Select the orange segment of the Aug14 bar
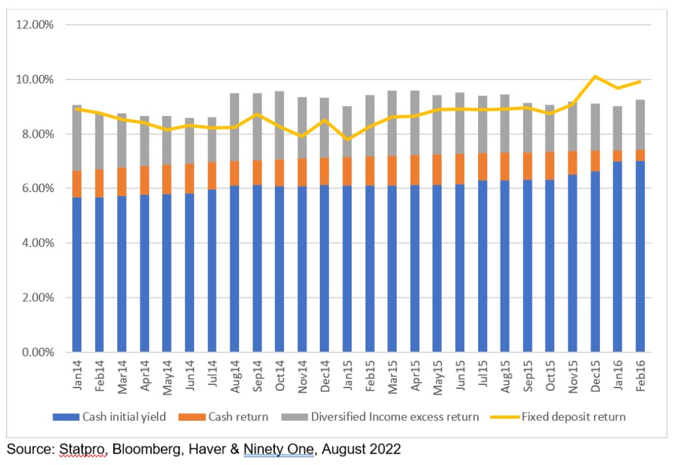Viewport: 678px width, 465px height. click(234, 174)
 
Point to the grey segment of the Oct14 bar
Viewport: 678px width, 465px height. click(279, 126)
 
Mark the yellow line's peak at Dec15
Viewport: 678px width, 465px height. click(595, 77)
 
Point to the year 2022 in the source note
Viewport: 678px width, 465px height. click(385, 449)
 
